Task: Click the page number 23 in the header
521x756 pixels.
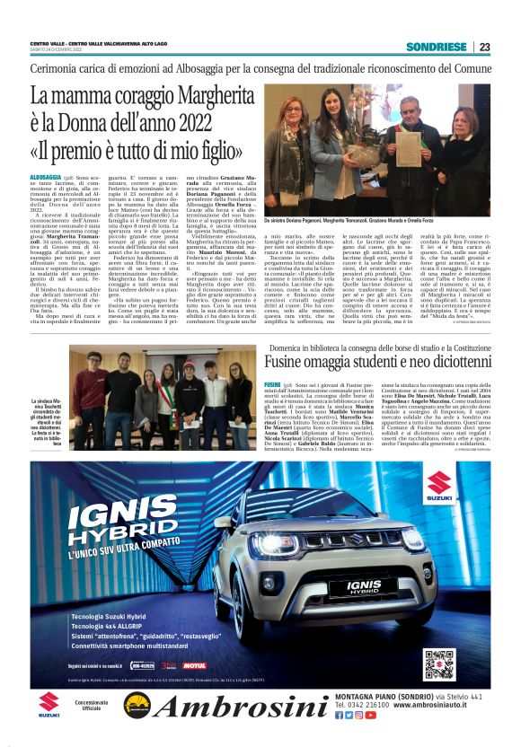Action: [x=484, y=47]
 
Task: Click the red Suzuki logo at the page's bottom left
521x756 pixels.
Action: [x=49, y=699]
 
